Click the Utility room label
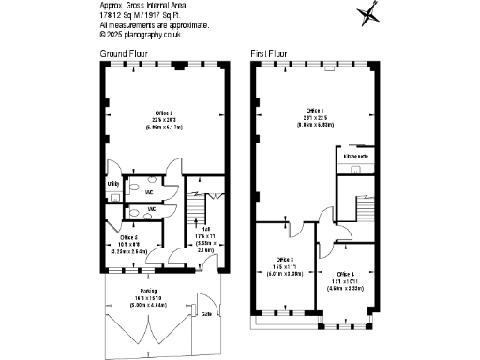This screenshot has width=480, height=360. pyautogui.click(x=112, y=183)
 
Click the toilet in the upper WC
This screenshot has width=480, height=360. pyautogui.click(x=153, y=192)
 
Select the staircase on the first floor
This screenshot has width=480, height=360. pyautogui.click(x=353, y=203)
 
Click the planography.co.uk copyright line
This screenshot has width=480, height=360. pyautogui.click(x=140, y=35)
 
